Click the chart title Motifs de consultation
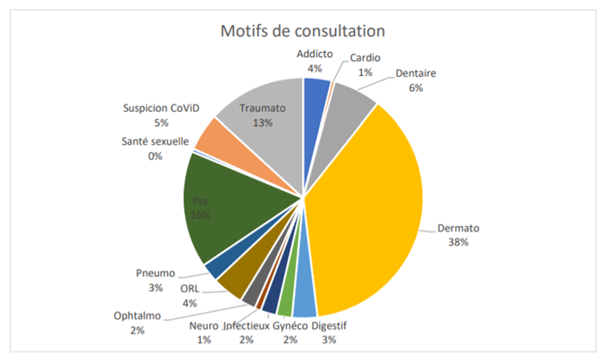pos(303,31)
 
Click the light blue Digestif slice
pos(304,304)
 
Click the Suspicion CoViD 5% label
pos(161,115)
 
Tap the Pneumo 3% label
pos(155,280)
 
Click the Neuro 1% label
pos(204,333)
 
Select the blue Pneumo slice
pos(214,268)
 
